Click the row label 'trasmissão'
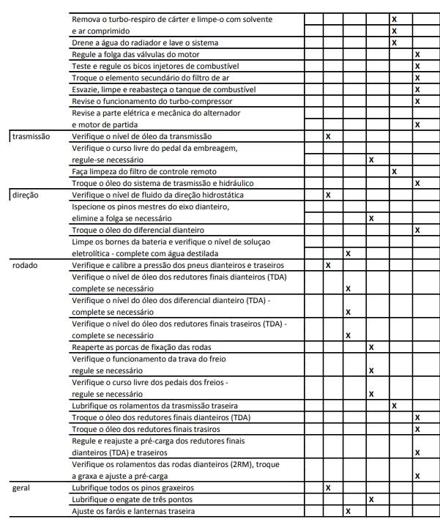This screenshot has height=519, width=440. (x=31, y=137)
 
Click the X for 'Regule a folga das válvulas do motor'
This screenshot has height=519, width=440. (x=417, y=55)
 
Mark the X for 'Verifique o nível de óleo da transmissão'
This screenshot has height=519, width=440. (x=327, y=137)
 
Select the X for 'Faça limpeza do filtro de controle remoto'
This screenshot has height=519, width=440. (x=395, y=171)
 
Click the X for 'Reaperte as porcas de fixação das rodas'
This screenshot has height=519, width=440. (x=371, y=347)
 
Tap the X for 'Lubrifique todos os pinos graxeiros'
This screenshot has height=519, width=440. (x=327, y=487)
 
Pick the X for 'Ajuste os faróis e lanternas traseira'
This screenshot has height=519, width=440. (x=348, y=510)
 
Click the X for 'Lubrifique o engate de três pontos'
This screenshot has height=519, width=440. (x=371, y=499)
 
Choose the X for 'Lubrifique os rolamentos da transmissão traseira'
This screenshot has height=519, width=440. (x=395, y=406)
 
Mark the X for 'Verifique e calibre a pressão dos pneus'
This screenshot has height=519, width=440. (x=327, y=265)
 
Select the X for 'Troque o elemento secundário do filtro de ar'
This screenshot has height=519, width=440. (x=417, y=78)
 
